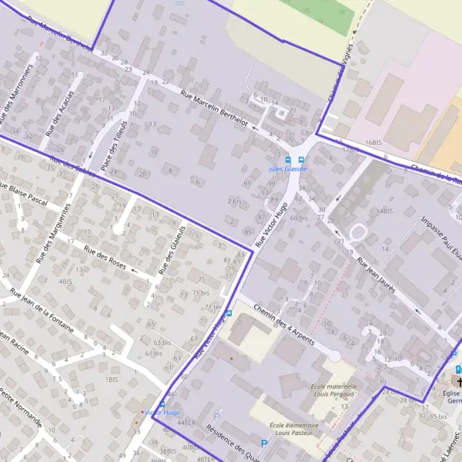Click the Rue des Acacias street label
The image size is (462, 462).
pos(59,111)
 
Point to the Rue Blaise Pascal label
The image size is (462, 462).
pos(24,192)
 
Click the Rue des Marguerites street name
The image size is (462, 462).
pos(56,220)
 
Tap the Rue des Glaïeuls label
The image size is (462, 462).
pos(172,251)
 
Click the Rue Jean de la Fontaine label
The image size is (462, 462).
pos(42,308)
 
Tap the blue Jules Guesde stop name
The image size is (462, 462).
pos(288,169)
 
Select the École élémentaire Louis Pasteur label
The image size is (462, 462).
pos(294,430)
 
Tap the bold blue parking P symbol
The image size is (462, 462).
pos(265,444)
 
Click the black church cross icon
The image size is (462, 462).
pos(460,382)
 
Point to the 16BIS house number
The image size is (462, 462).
pos(374,143)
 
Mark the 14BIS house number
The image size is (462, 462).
pos(385,210)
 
